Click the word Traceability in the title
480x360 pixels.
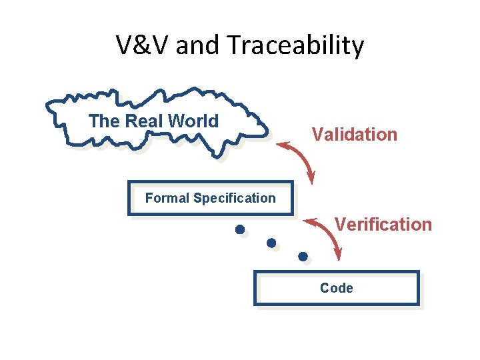tap(295, 45)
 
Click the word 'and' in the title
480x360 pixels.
tap(199, 45)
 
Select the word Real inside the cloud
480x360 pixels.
tap(143, 121)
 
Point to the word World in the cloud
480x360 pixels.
tap(193, 121)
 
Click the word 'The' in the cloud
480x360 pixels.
tap(104, 121)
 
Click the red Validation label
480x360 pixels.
tap(354, 135)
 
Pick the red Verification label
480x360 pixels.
tap(383, 224)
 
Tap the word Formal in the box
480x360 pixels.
tap(167, 198)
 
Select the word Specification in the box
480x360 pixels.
tap(234, 198)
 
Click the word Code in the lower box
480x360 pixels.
tap(337, 288)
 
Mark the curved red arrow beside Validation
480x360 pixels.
tap(301, 157)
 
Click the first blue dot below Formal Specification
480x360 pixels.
tap(239, 230)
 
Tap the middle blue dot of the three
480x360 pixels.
tap(271, 243)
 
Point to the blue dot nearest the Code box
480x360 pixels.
tap(303, 256)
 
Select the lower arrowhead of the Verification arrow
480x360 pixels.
tap(338, 254)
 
